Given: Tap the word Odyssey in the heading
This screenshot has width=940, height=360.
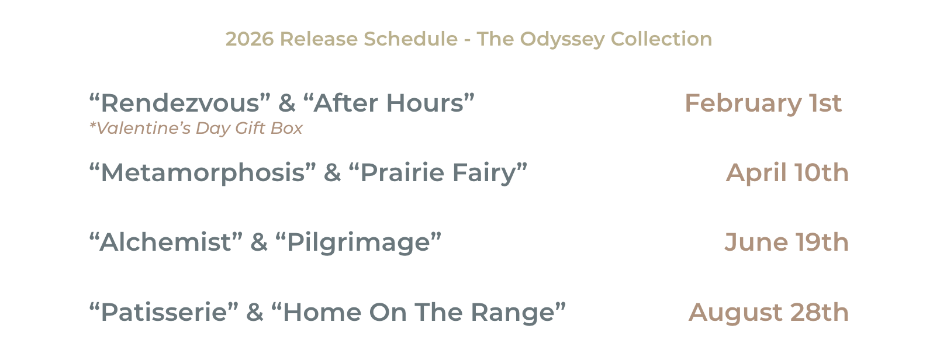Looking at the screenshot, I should pos(562,39).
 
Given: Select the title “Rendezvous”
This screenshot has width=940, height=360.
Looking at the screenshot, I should pos(180,103).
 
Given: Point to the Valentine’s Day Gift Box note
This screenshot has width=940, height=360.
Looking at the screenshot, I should pos(196,129).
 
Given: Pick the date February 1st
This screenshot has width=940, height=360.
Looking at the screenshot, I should pos(763,103).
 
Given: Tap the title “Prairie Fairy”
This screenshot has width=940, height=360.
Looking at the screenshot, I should pos(438,173).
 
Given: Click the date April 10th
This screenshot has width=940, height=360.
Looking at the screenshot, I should pos(787,173).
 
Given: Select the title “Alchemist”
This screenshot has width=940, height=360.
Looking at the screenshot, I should pos(166,243).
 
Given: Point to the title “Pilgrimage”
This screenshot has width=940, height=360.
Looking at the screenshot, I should pos(358,243).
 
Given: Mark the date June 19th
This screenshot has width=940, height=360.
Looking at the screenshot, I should pos(786,243).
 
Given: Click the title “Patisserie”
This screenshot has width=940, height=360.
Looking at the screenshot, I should pos(164,312).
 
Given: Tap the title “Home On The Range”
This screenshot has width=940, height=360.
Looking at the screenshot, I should pos(419,312).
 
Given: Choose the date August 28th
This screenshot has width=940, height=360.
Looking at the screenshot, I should pos(768,312).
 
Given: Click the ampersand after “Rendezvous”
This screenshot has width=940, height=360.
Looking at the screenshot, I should pos(287,103).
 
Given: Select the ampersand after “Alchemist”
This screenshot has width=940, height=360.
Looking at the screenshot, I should pos(259,243).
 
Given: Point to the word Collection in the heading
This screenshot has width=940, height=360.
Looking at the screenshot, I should pos(661,39).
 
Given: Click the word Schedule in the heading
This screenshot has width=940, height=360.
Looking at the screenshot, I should pos(410,39).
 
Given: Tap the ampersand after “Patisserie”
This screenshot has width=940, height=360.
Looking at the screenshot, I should pos(255,312).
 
